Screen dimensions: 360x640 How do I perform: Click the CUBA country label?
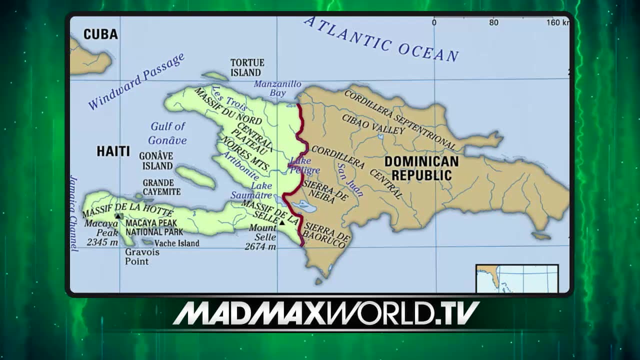(x=100, y=34)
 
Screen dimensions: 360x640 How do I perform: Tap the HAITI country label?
(x=113, y=151)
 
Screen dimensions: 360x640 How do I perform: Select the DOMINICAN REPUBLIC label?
(x=421, y=168)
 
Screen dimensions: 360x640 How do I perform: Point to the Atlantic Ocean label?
(x=381, y=39)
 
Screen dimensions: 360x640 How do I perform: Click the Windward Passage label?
(x=136, y=81)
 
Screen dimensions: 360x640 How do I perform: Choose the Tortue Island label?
(x=247, y=67)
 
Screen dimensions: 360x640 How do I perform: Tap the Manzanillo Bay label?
(x=277, y=88)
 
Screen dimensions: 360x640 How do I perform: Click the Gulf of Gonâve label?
(x=168, y=133)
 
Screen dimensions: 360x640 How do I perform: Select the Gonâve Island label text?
(x=156, y=160)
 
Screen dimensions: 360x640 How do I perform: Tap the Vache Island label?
(x=176, y=243)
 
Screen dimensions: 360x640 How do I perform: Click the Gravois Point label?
(x=142, y=256)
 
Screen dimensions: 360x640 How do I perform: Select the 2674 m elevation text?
(x=260, y=246)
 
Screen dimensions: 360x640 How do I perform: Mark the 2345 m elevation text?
(x=102, y=242)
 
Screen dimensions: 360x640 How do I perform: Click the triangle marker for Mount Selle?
(x=282, y=222)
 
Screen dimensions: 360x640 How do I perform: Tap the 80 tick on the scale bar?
(x=493, y=22)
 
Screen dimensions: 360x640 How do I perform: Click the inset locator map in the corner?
(x=516, y=278)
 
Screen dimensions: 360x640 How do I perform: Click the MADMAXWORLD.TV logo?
(x=326, y=313)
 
